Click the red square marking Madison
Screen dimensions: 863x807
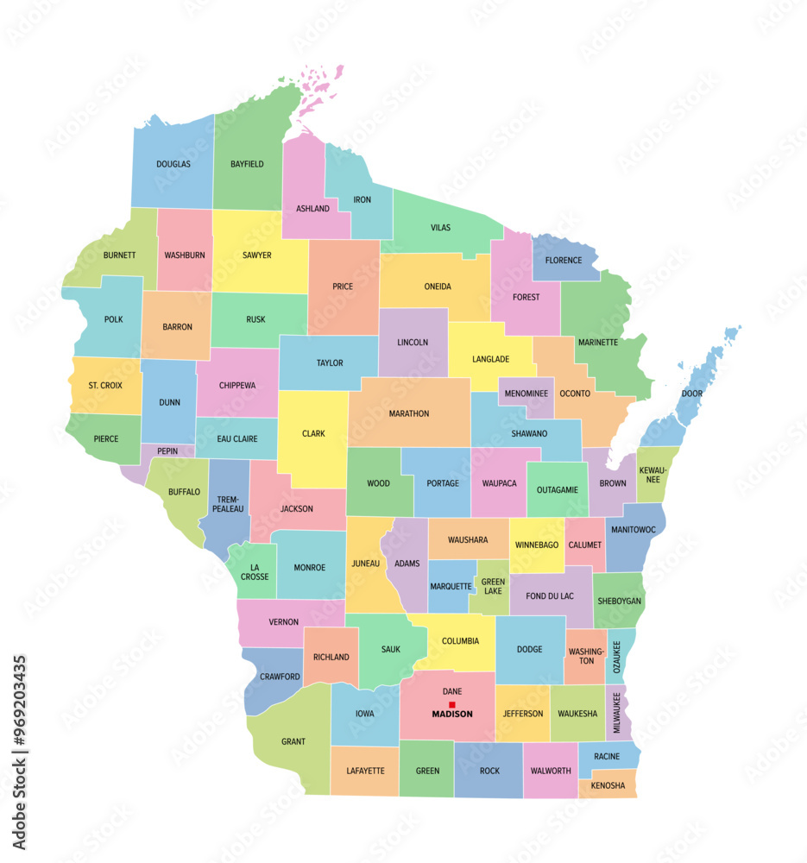click(451, 704)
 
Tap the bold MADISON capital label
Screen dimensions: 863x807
click(452, 715)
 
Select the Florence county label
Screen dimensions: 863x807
click(563, 260)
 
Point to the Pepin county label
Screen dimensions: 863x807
click(167, 450)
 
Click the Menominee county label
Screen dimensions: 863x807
click(526, 394)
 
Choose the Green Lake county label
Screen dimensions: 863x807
click(493, 587)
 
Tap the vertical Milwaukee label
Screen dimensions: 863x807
click(616, 712)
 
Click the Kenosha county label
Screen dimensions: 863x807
click(608, 785)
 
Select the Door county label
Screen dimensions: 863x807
click(691, 394)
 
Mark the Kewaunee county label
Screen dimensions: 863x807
click(653, 475)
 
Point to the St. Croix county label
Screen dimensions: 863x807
click(105, 385)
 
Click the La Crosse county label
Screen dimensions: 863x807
click(255, 571)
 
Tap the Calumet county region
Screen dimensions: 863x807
click(584, 545)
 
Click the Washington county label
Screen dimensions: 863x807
click(586, 655)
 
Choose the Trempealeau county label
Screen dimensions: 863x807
click(229, 503)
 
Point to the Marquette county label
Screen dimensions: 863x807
click(451, 587)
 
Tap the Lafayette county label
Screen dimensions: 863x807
click(365, 771)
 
